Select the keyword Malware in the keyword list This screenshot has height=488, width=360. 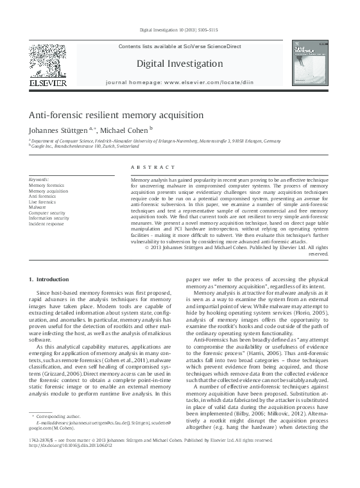37,207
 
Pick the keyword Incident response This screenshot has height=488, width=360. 46,224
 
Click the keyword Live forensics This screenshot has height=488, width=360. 42,202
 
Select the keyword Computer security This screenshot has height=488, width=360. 46,213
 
